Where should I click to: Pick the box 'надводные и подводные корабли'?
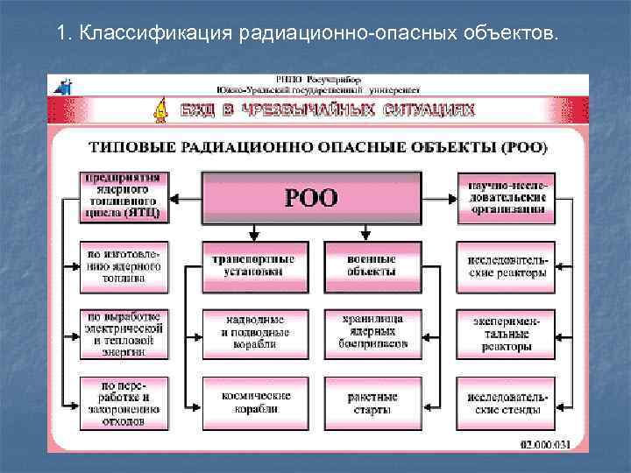point(253,333)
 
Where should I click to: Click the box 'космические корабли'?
point(253,403)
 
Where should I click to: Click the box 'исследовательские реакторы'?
point(506,266)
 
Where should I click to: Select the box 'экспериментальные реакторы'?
point(506,334)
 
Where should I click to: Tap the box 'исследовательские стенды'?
point(506,403)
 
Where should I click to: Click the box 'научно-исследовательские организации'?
point(506,198)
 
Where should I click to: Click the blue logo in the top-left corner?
point(63,86)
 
